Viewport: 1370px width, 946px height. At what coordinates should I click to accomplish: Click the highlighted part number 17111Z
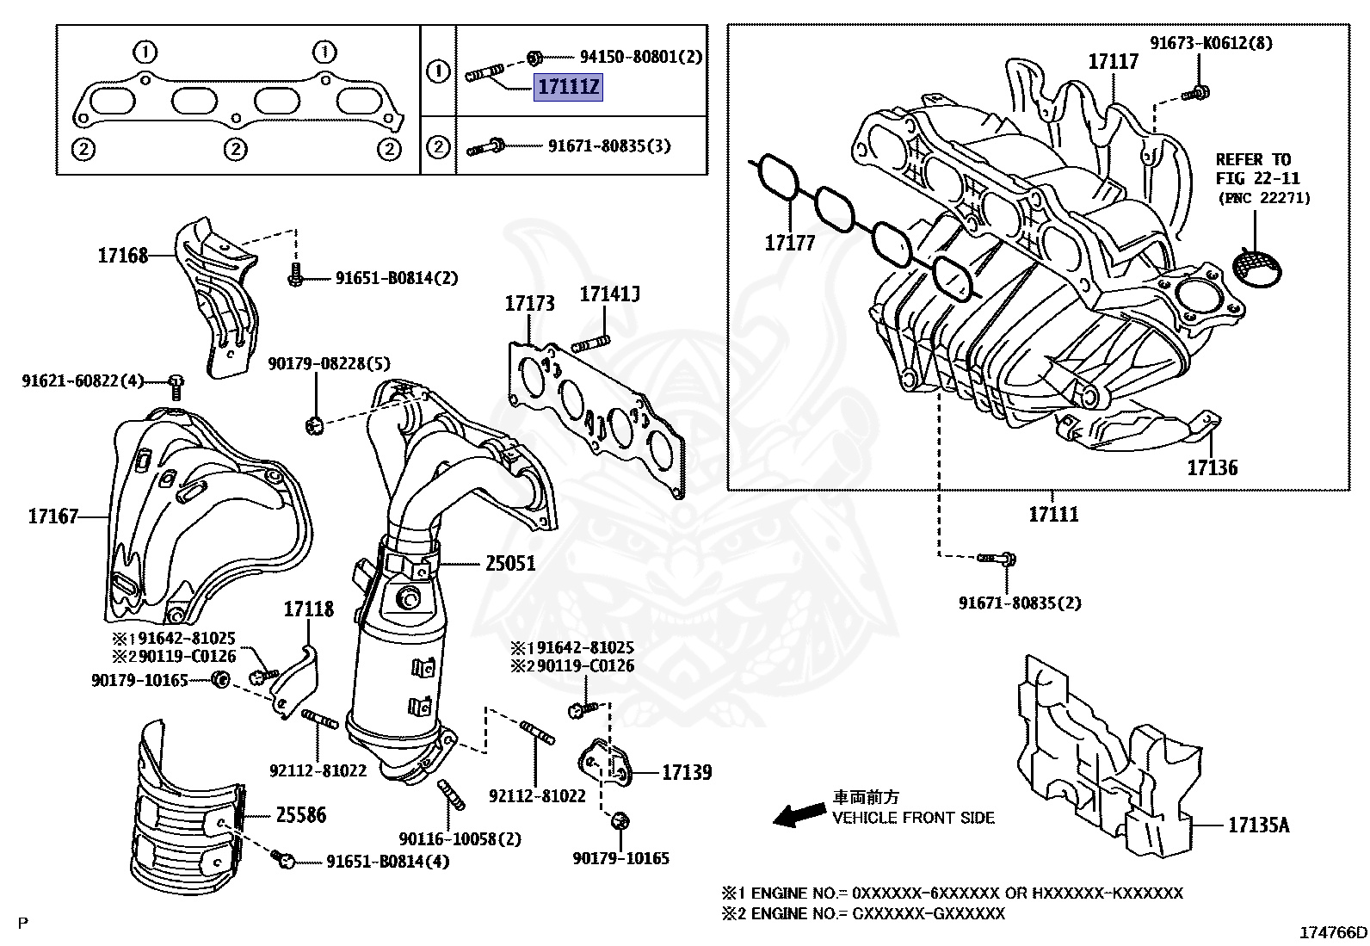[x=568, y=87]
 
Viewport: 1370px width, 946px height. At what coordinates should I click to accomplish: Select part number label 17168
[x=123, y=255]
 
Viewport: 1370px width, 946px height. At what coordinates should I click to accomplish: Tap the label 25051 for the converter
[x=510, y=564]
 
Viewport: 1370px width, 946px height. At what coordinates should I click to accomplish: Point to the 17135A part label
[x=1258, y=825]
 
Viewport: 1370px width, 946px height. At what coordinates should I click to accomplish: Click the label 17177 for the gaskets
[x=789, y=244]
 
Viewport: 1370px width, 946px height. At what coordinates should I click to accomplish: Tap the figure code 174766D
[x=1333, y=933]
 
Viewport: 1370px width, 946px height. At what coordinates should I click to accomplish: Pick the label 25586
[x=300, y=814]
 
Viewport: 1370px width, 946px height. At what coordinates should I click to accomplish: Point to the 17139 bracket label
[x=686, y=772]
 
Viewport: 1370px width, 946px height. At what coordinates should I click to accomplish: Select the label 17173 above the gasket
[x=529, y=303]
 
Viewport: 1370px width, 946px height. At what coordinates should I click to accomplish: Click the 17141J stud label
[x=609, y=294]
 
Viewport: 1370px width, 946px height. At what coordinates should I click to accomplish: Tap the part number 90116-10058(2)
[x=460, y=838]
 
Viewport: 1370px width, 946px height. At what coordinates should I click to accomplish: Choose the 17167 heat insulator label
[x=53, y=516]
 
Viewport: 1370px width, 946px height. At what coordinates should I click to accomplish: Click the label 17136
[x=1212, y=468]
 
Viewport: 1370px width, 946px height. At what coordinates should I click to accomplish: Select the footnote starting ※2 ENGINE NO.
[x=862, y=913]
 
